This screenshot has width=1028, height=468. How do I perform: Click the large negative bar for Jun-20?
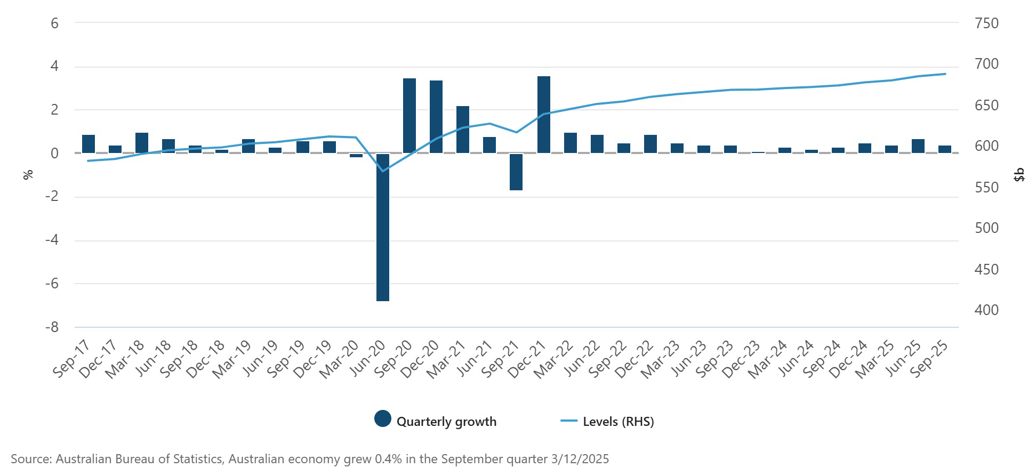(383, 227)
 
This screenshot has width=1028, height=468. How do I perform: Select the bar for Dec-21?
(544, 115)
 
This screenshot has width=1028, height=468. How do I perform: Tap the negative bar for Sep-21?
(516, 172)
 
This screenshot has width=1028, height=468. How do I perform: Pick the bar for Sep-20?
(409, 116)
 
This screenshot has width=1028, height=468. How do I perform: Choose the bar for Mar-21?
(463, 130)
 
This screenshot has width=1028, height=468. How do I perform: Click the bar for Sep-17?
(89, 144)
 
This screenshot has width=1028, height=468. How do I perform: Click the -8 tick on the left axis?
(52, 327)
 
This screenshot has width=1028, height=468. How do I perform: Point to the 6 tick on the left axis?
(54, 23)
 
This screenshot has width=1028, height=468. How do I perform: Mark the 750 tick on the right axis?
(986, 23)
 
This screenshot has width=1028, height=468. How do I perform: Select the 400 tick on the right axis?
(986, 310)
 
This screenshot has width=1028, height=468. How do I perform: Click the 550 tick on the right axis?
(986, 187)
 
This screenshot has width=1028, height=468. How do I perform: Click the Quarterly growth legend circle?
(383, 419)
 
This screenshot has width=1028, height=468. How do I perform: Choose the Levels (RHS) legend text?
(618, 422)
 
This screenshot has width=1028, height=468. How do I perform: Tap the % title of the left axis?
(28, 174)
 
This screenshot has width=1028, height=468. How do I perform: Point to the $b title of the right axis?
(1019, 174)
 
